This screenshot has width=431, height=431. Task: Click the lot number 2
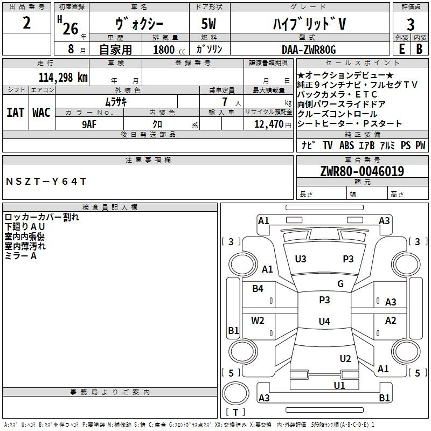pos(26,23)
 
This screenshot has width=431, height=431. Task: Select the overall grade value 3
pos(411,24)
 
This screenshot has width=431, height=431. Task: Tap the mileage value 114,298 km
pos(63,77)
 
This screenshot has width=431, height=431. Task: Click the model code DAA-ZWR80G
pos(309,50)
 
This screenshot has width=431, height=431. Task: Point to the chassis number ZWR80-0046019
pos(362,171)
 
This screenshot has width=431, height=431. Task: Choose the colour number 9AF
pos(89,124)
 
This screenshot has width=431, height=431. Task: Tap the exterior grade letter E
pos(401,49)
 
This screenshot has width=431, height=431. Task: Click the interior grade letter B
pos(419,49)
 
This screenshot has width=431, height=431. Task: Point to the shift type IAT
pos(16,113)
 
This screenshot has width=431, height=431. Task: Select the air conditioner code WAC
pos(41,113)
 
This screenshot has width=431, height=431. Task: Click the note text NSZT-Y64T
pos(46,182)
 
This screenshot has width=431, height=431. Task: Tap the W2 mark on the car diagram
pos(258,321)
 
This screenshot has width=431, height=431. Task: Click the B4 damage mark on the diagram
pos(258,289)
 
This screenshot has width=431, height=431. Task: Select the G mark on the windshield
pos(340,283)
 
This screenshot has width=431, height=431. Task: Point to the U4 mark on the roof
pos(324,321)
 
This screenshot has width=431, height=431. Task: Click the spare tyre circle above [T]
pos(235,393)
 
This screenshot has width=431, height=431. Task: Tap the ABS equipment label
pos(346,145)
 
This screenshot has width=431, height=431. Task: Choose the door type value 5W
pos(209,24)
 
